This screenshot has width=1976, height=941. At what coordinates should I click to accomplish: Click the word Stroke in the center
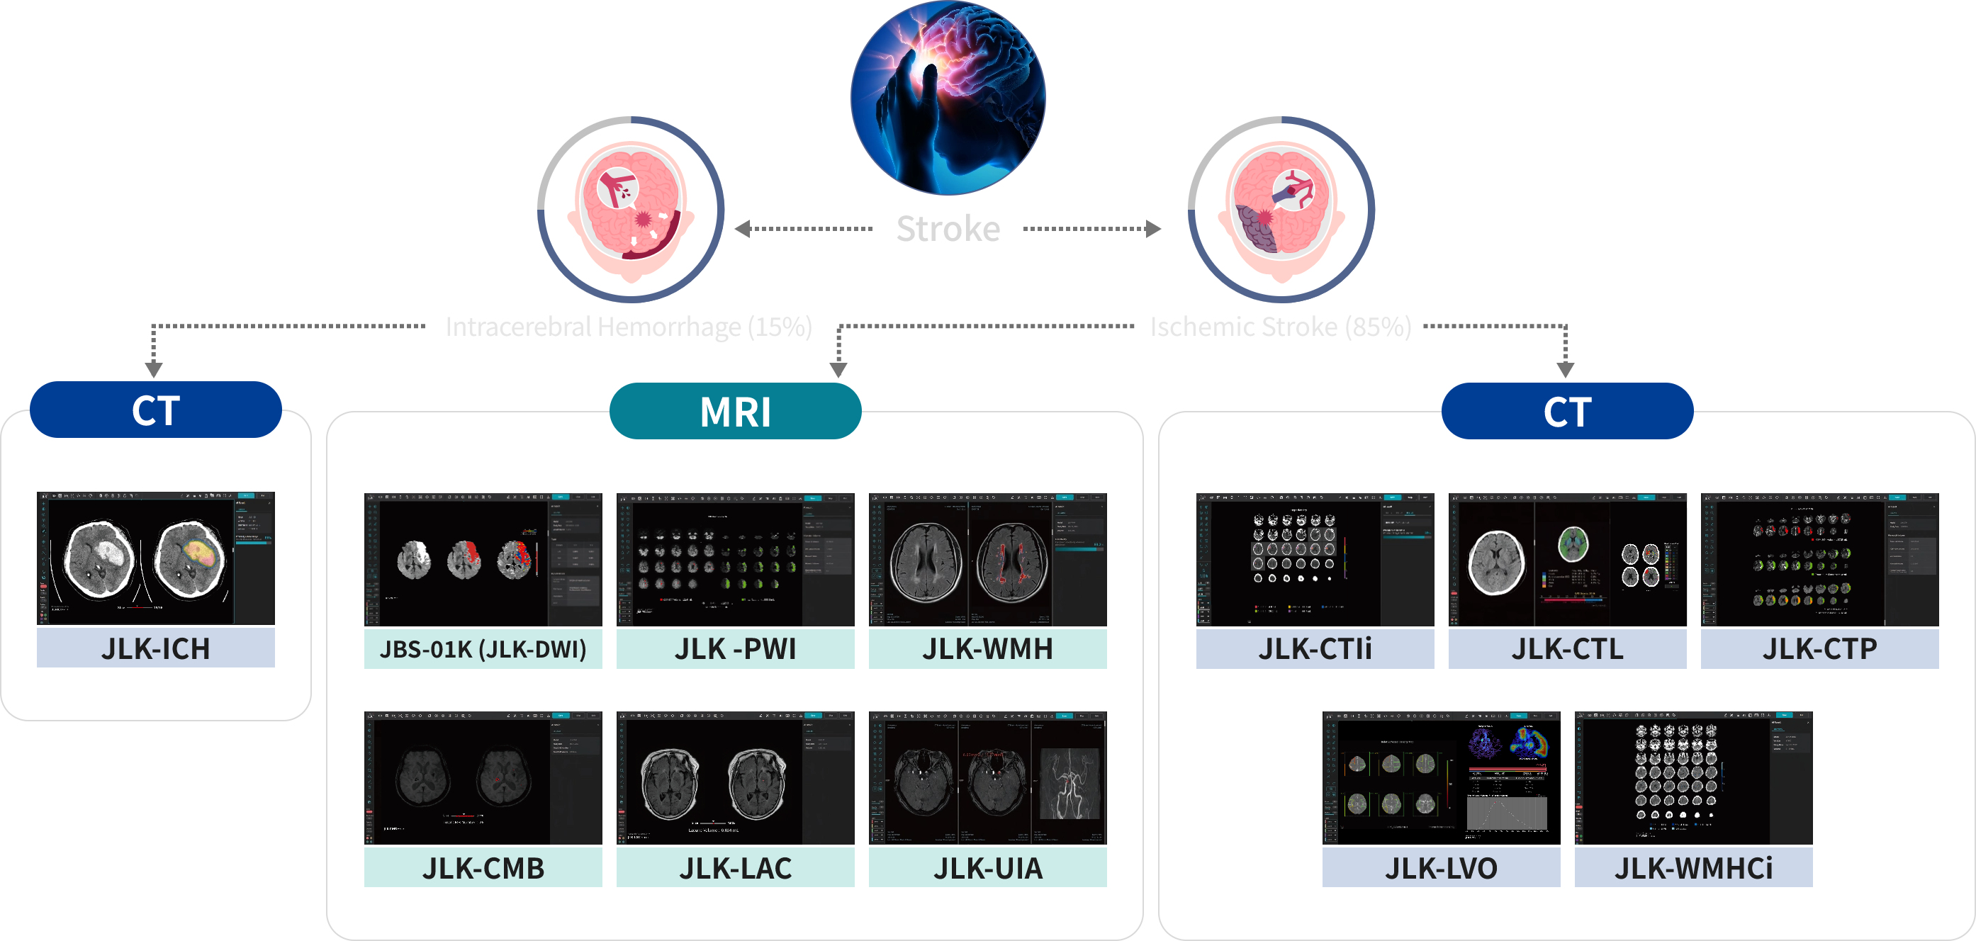(x=948, y=229)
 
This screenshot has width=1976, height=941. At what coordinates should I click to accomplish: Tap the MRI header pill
(x=735, y=411)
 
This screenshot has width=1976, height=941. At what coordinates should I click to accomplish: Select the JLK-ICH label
(x=156, y=649)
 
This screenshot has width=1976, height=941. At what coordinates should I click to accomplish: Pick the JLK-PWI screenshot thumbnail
(x=735, y=560)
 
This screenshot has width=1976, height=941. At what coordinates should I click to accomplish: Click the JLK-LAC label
(x=735, y=868)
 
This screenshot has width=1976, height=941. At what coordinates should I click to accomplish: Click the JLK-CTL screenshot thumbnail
(x=1567, y=560)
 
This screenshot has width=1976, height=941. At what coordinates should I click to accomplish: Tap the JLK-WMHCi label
(x=1693, y=868)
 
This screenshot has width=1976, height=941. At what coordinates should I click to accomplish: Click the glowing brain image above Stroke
(x=948, y=96)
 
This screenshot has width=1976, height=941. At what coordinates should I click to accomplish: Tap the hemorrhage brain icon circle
(x=631, y=209)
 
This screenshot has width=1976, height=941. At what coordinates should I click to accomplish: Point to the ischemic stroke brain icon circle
(x=1281, y=209)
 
